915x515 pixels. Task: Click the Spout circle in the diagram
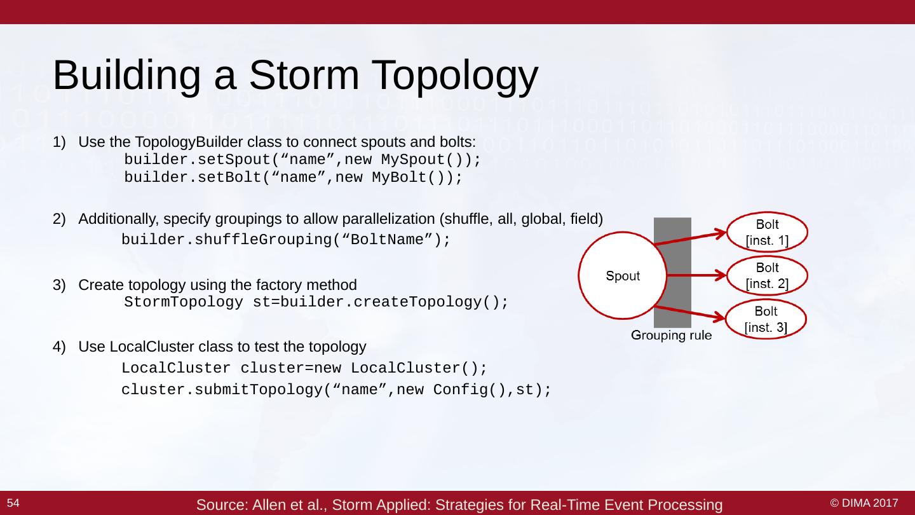(622, 276)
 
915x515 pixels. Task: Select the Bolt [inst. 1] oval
(766, 233)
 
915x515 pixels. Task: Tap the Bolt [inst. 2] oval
(766, 276)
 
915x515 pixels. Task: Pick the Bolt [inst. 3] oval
(766, 319)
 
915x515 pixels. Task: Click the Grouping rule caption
(671, 336)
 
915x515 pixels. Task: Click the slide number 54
(13, 504)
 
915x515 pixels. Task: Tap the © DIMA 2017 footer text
(869, 504)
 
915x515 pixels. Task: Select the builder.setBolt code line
(293, 177)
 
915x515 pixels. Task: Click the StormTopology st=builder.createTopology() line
(316, 302)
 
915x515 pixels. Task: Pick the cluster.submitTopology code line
(336, 390)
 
